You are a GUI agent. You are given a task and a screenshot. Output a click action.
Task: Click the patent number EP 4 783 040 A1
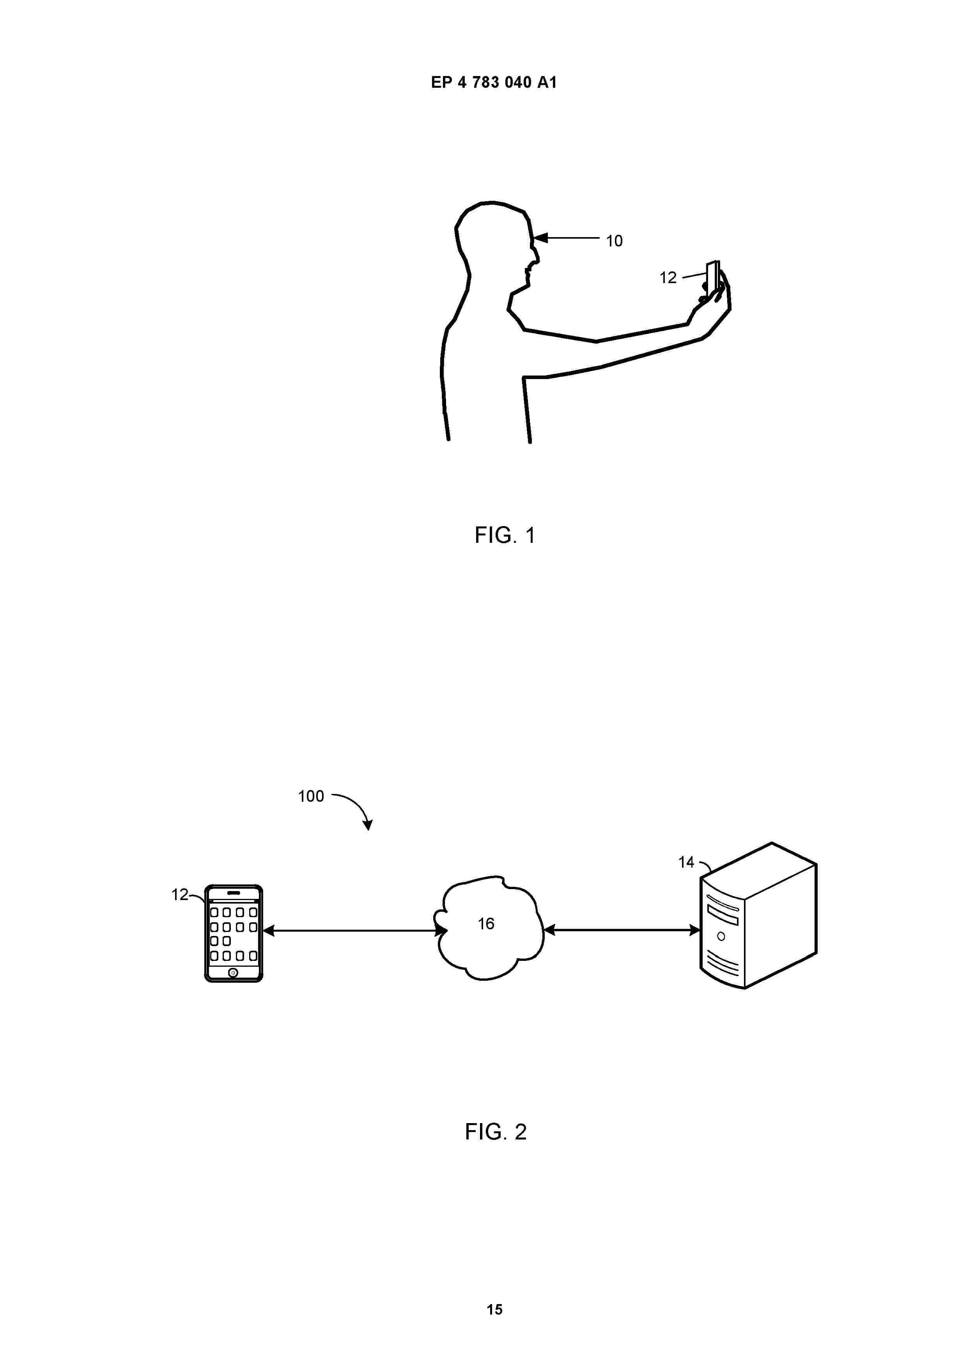click(494, 82)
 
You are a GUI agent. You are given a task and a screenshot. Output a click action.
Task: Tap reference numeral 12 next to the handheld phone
click(668, 278)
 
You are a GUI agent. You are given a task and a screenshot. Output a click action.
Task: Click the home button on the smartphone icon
click(233, 972)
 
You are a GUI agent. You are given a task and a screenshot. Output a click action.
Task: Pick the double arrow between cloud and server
click(622, 929)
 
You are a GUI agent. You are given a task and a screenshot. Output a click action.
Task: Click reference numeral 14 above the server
click(686, 862)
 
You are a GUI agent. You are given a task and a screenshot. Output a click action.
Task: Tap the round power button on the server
click(721, 937)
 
